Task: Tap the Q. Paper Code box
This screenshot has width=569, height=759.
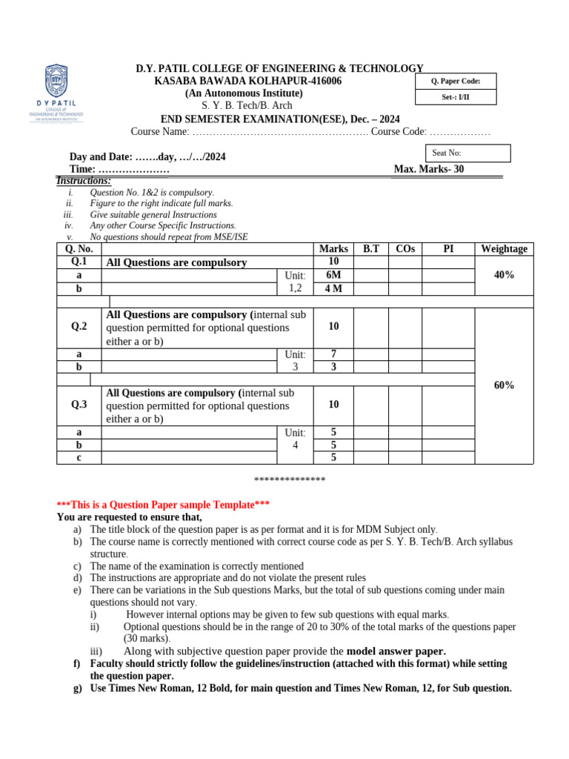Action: pyautogui.click(x=455, y=81)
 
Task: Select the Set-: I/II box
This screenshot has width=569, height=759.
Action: pyautogui.click(x=455, y=97)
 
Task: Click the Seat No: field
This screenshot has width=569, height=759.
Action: pyautogui.click(x=466, y=153)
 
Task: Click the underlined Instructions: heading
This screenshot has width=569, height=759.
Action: pyautogui.click(x=84, y=181)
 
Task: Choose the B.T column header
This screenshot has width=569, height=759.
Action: pyautogui.click(x=370, y=249)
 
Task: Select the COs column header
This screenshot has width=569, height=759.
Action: pyautogui.click(x=405, y=249)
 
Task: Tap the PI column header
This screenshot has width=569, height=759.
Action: pyautogui.click(x=448, y=249)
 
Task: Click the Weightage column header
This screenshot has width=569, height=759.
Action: pyautogui.click(x=504, y=249)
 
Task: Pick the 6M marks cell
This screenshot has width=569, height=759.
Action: pyautogui.click(x=333, y=275)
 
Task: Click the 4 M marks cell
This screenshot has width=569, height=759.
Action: pyautogui.click(x=333, y=288)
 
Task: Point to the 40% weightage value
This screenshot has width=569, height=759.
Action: pyautogui.click(x=504, y=275)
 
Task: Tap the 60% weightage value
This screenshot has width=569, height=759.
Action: pyautogui.click(x=504, y=385)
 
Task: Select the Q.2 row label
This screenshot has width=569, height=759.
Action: pyautogui.click(x=79, y=327)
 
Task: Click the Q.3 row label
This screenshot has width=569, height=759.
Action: pyautogui.click(x=79, y=405)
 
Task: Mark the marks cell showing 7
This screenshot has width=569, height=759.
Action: pyautogui.click(x=333, y=354)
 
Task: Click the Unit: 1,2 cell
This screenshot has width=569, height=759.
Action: pyautogui.click(x=295, y=282)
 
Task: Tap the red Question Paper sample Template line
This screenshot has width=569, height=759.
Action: pyautogui.click(x=163, y=505)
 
